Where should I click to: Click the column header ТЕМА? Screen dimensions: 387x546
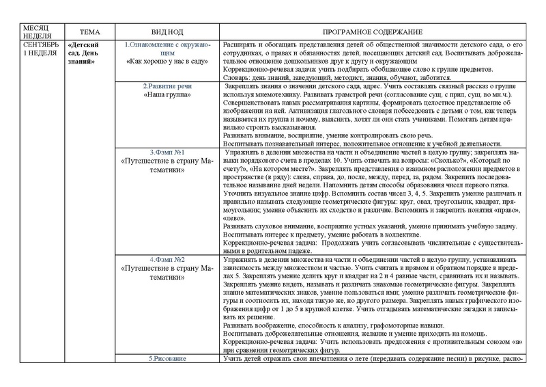click(x=89, y=32)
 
